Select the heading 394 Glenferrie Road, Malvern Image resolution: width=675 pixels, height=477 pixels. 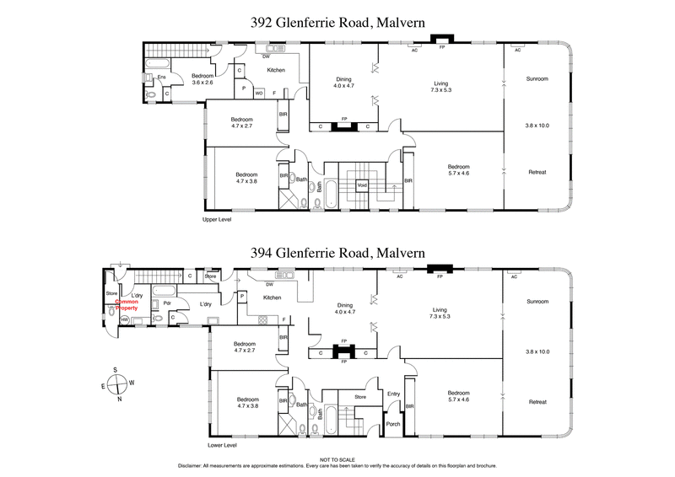coord(337,252)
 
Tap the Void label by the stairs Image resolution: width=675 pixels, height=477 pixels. coord(362,184)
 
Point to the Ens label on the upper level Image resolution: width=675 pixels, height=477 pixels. coord(161,78)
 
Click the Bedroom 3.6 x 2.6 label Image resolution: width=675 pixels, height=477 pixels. coord(203,78)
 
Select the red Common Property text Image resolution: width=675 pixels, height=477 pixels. coord(127,304)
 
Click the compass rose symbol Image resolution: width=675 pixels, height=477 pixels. coord(116,383)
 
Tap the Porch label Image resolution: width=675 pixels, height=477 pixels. coord(393,424)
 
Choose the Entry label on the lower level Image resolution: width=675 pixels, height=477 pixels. coord(393,394)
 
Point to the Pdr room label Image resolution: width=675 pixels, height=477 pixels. coord(167,303)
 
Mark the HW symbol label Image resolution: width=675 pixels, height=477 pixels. coord(125,319)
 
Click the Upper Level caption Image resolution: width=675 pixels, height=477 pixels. coord(217,219)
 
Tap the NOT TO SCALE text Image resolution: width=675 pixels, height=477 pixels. coord(337,459)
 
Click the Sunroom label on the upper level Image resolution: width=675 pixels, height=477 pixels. coord(537,78)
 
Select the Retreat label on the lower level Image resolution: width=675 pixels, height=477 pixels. coord(537,401)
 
